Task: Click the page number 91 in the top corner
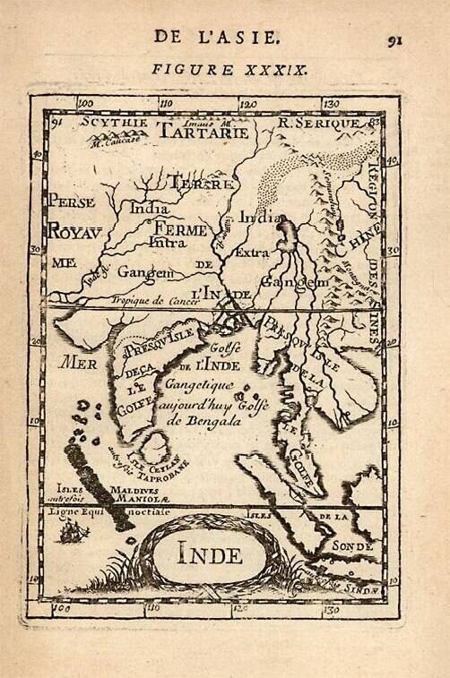coord(395,39)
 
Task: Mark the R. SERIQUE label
coord(318,123)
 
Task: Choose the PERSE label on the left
coord(72,202)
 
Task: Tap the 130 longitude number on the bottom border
coord(331,610)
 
